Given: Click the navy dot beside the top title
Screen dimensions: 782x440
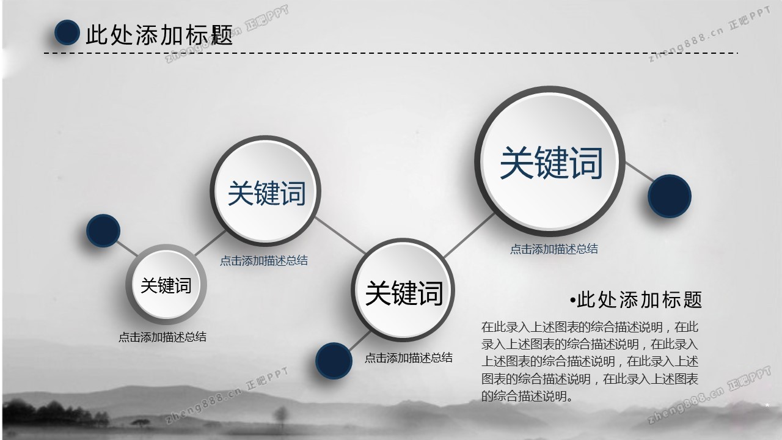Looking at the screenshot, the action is (x=67, y=32).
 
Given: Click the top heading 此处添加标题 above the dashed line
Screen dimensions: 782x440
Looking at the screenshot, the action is (x=159, y=35).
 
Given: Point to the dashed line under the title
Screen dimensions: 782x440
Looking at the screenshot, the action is (x=390, y=53).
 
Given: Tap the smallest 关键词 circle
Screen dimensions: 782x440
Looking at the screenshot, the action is (x=166, y=285).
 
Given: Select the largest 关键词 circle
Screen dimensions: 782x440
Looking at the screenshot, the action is (x=549, y=161).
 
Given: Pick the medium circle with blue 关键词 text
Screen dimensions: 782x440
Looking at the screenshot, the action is (x=266, y=191).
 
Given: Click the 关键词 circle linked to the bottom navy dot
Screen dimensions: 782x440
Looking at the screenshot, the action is (x=403, y=290).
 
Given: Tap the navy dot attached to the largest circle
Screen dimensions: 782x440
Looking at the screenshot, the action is (x=670, y=196).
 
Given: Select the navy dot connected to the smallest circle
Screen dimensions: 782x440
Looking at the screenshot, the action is (x=103, y=231).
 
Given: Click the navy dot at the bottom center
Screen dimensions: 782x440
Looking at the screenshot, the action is (x=334, y=361).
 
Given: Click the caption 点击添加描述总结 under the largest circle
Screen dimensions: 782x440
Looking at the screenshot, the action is (x=554, y=249).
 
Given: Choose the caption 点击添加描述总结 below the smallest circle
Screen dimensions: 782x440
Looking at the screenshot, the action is (x=163, y=337).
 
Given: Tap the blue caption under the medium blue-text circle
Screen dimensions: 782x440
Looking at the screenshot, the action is (x=264, y=261).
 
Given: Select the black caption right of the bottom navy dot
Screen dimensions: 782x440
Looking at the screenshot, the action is (x=409, y=358).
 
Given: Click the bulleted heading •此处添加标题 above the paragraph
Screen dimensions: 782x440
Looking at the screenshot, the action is (x=636, y=299).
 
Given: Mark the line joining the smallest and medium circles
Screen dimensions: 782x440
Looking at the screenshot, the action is (x=211, y=243).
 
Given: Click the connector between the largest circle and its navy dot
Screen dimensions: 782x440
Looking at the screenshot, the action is (x=640, y=172).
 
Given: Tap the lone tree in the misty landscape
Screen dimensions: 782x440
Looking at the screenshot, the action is (x=280, y=416).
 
